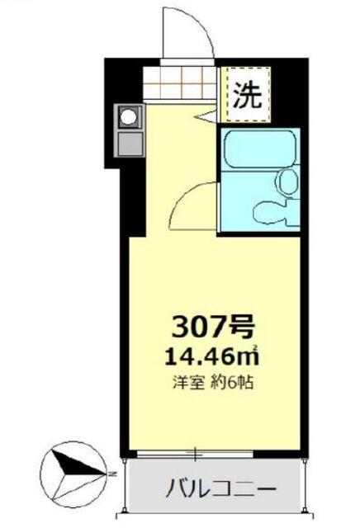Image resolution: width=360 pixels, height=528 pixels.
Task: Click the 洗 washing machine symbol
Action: [x=245, y=97]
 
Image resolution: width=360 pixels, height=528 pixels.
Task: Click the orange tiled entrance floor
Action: [x=181, y=82]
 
